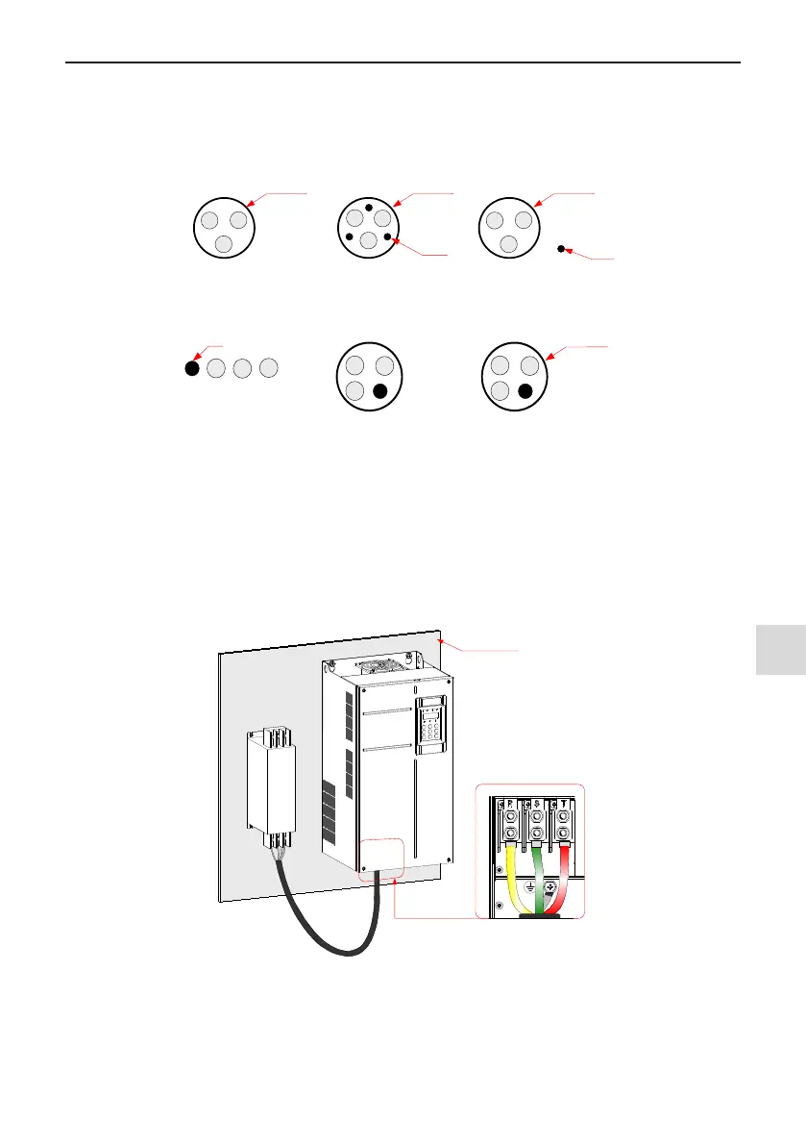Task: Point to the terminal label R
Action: click(x=509, y=802)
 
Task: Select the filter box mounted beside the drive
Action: click(x=271, y=778)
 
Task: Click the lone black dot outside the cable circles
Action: click(x=561, y=248)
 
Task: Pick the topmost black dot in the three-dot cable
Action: click(x=369, y=207)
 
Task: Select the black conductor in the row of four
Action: click(x=191, y=367)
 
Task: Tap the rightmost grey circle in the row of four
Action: click(x=269, y=367)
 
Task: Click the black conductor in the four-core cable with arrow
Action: click(x=524, y=391)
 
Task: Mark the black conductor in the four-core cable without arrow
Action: click(x=380, y=391)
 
